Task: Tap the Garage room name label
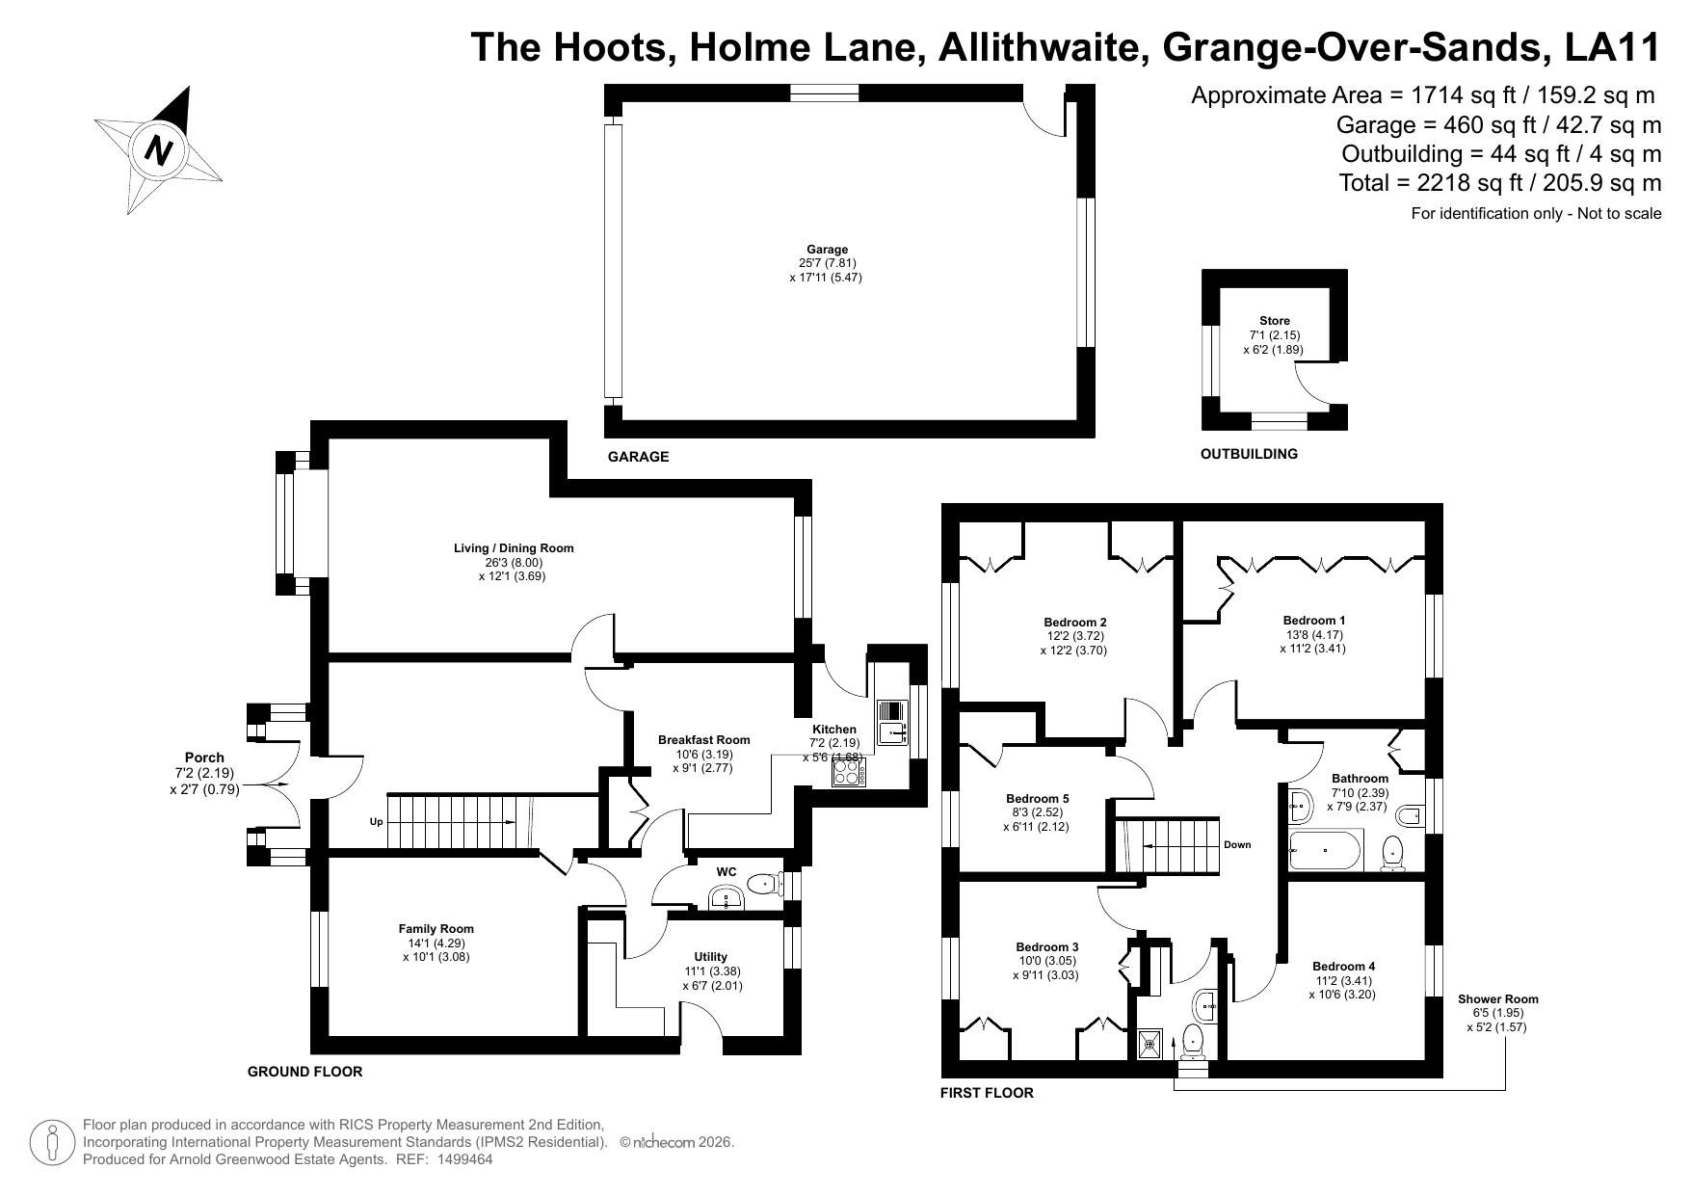click(828, 250)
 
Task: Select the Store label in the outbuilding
click(1274, 321)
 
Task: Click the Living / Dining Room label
click(514, 548)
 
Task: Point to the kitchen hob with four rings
click(849, 773)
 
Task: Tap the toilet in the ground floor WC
click(764, 881)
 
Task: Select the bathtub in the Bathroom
click(1325, 850)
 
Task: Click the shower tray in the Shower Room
click(1149, 1043)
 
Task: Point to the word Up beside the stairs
click(377, 822)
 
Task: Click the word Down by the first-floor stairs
click(1237, 845)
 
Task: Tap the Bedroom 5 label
click(1037, 799)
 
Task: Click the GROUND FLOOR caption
click(304, 1072)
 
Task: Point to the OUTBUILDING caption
click(1249, 454)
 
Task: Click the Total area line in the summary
click(1500, 183)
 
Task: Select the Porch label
click(204, 757)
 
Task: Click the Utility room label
click(711, 957)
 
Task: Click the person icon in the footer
click(52, 1144)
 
